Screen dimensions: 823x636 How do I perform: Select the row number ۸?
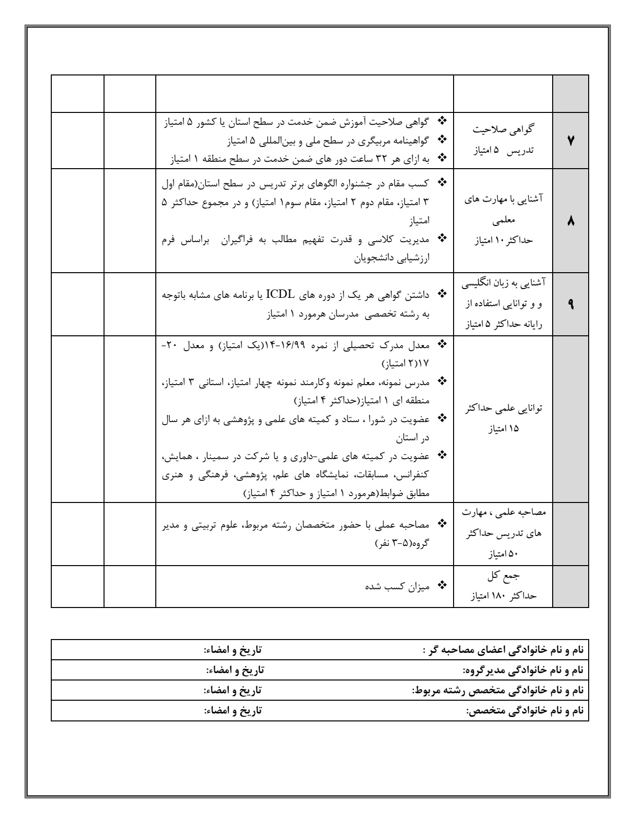[570, 222]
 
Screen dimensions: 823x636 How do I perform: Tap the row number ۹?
[570, 304]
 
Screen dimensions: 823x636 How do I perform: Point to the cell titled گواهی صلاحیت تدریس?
[503, 140]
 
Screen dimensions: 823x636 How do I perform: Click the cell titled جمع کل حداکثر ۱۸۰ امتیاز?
[503, 586]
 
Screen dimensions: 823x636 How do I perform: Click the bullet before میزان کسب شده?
[442, 586]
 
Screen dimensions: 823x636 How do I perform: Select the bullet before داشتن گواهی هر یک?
[442, 295]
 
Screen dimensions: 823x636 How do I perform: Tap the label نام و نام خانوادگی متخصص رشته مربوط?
[497, 690]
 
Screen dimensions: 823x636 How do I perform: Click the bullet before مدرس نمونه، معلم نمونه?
[442, 381]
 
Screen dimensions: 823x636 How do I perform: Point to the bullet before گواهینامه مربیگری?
[442, 140]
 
